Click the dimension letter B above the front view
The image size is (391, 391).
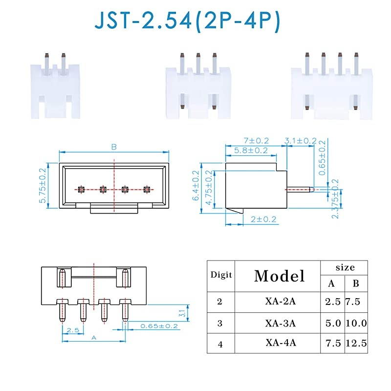click(114, 146)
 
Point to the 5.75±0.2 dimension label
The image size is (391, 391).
click(42, 186)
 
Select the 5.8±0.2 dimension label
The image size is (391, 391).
click(250, 151)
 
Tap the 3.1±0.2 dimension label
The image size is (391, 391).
click(301, 141)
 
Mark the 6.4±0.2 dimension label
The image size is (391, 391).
click(196, 186)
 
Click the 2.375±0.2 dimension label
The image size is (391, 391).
click(335, 198)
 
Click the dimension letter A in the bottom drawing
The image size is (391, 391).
click(92, 337)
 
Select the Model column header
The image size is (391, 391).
click(279, 276)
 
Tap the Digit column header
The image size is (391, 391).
click(221, 275)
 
